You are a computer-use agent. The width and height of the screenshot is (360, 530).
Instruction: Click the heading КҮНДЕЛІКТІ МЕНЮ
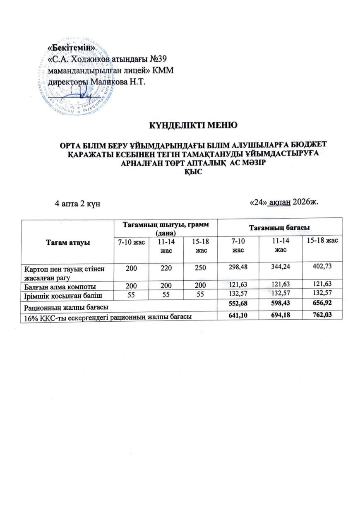pyautogui.click(x=193, y=125)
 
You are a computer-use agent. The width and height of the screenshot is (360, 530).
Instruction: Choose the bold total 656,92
pyautogui.click(x=322, y=305)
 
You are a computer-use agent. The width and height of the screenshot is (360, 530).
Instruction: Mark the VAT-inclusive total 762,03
pyautogui.click(x=322, y=315)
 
